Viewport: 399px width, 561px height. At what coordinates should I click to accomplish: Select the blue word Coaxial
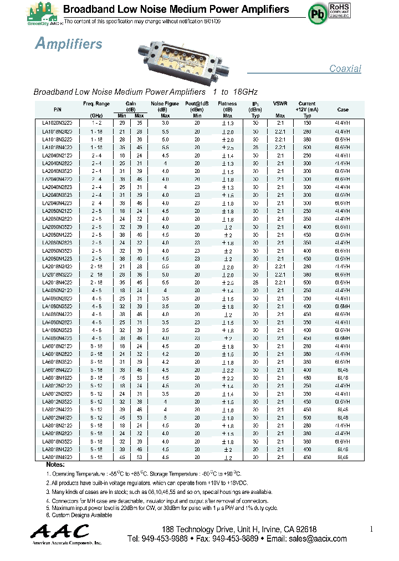[345, 69]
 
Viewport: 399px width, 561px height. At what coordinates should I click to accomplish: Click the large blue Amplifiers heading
[68, 44]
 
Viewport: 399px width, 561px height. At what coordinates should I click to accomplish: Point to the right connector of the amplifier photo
[224, 71]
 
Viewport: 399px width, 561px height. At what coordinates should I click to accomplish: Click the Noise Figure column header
[165, 104]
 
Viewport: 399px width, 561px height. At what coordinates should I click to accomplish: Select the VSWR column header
[280, 104]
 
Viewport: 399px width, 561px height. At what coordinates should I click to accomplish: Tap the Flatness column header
[227, 104]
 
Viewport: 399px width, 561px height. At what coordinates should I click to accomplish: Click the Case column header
[342, 110]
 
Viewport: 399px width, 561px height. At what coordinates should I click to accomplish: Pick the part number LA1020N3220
[57, 122]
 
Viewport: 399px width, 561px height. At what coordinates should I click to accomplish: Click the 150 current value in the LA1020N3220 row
[307, 122]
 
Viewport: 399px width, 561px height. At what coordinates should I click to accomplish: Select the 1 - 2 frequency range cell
[96, 122]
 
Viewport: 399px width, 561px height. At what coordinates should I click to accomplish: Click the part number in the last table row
[57, 457]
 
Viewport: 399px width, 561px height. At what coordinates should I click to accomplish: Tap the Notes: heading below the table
[55, 465]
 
